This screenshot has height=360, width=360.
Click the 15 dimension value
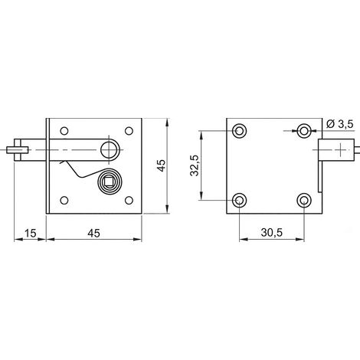tap(31, 233)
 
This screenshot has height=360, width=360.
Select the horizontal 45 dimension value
tap(93, 233)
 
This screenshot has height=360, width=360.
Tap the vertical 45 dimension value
tap(161, 165)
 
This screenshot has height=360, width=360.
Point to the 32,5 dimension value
tap(195, 166)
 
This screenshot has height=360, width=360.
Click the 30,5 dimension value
tap(272, 233)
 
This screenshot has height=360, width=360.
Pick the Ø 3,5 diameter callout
tap(339, 124)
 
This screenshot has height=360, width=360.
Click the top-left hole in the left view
tap(64, 131)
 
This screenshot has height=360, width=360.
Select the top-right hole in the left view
tap(129, 131)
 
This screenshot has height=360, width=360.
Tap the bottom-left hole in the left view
tap(64, 200)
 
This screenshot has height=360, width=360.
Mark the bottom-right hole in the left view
tap(129, 200)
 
